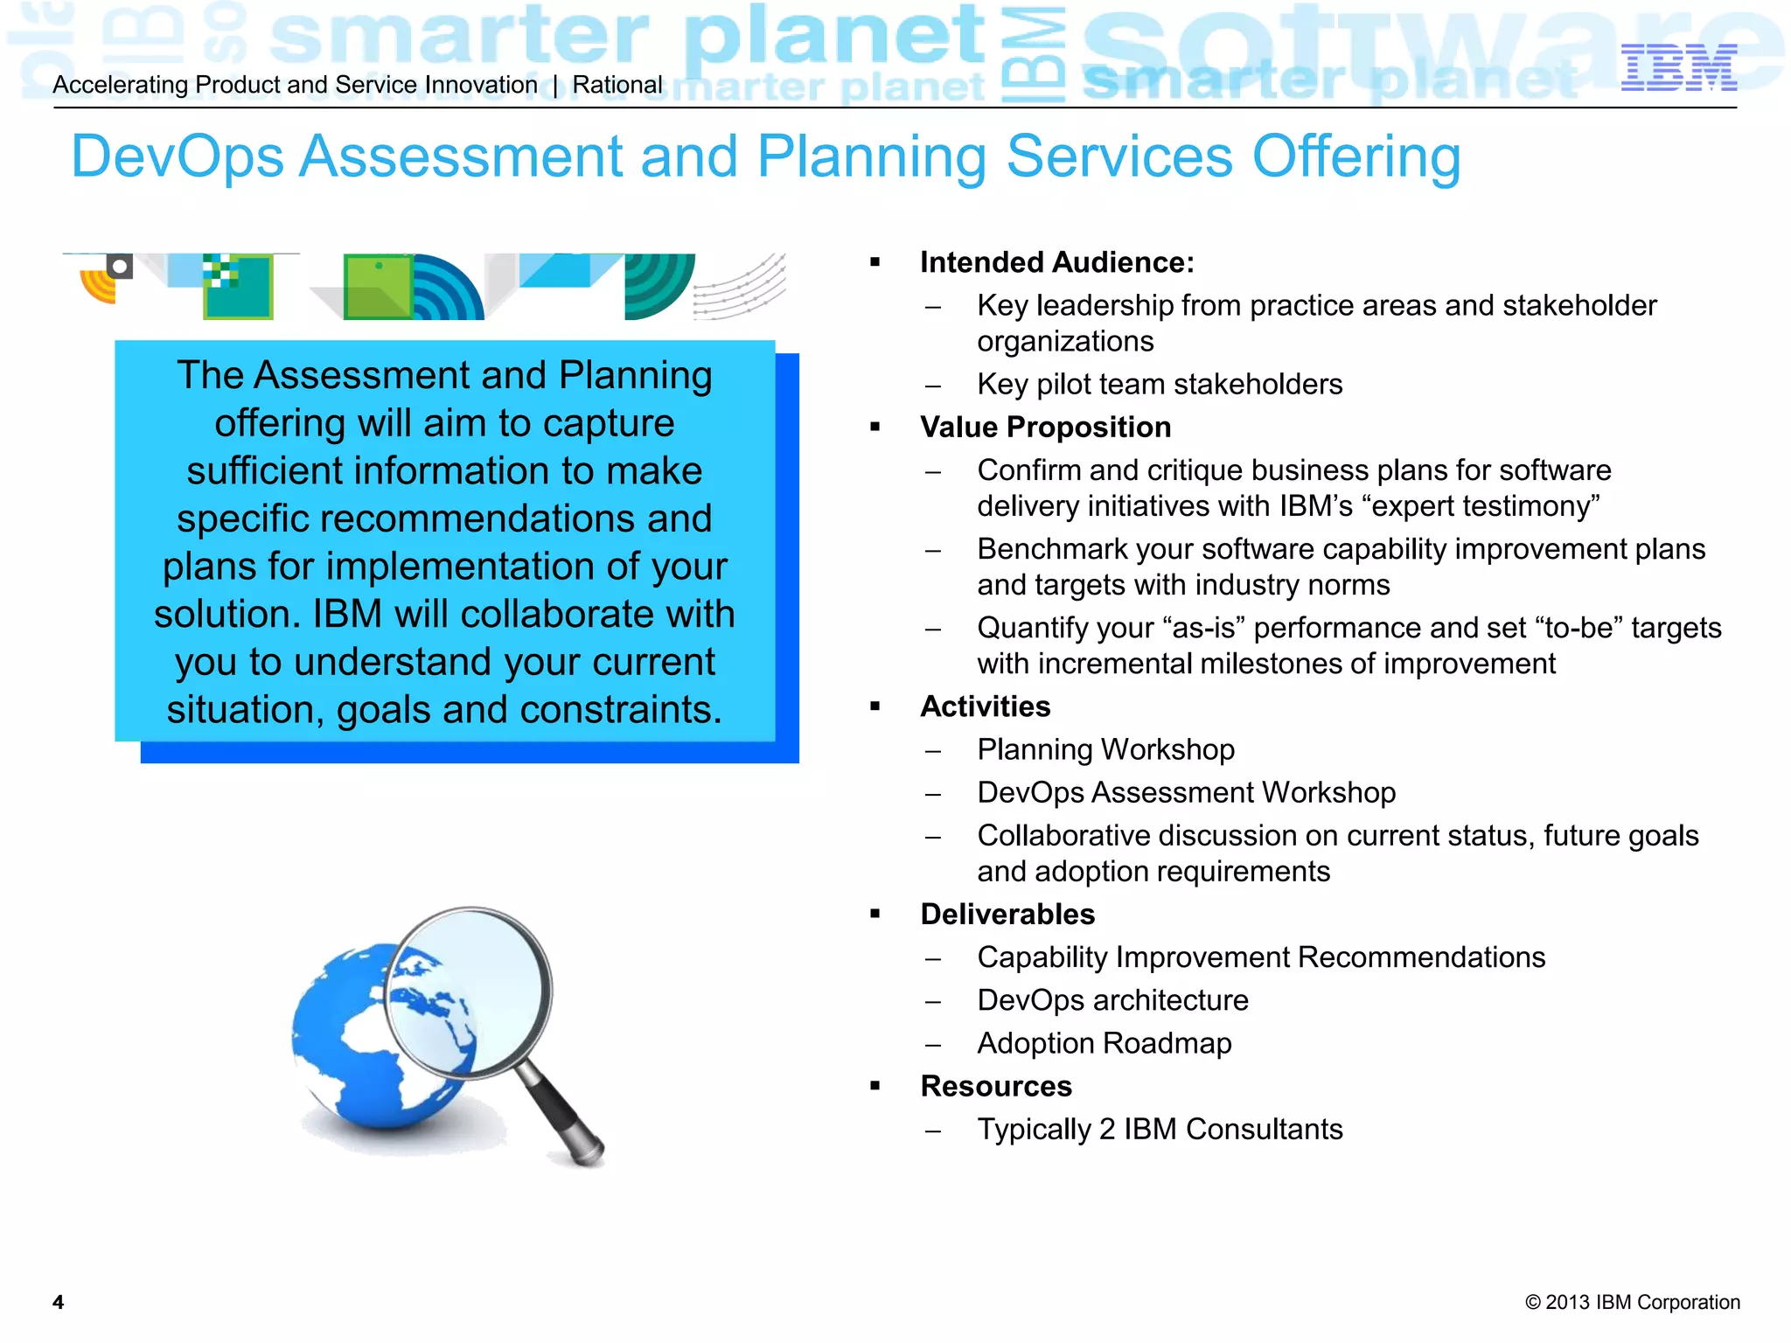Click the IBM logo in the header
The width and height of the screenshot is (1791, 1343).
click(1677, 67)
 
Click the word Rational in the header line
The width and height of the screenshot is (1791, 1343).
click(617, 85)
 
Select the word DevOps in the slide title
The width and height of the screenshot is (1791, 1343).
click(178, 157)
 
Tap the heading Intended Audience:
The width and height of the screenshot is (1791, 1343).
click(1056, 262)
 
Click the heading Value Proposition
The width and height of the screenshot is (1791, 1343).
click(1045, 427)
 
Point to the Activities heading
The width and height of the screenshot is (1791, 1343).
click(985, 706)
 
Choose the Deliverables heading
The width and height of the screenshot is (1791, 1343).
click(1007, 914)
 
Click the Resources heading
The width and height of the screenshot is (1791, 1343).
click(995, 1086)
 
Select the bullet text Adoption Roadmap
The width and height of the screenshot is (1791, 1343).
click(1104, 1043)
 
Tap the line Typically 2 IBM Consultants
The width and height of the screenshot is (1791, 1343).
click(1159, 1129)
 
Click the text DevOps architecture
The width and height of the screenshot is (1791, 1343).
click(1112, 1000)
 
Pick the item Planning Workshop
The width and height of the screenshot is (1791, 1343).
click(1105, 749)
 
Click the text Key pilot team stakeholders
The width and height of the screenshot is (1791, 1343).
click(1159, 384)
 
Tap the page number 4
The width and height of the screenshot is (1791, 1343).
click(58, 1302)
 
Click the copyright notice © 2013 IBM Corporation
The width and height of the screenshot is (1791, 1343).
click(1632, 1302)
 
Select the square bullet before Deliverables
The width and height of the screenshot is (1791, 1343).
click(875, 914)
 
